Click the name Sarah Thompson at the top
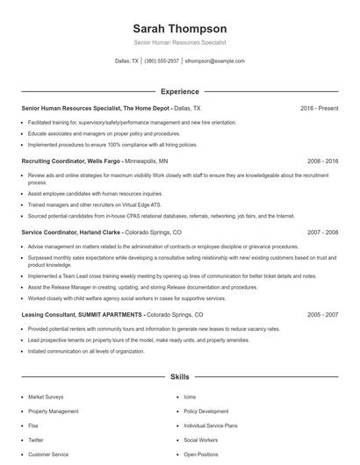(x=179, y=29)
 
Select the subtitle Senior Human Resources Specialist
(x=179, y=42)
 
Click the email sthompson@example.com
(x=215, y=61)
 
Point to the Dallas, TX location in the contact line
(x=127, y=61)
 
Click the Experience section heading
(x=179, y=91)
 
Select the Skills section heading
(x=179, y=376)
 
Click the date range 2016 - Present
(x=319, y=108)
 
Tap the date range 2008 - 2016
(x=322, y=161)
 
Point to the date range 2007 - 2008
(x=322, y=232)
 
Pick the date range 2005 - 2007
(x=322, y=314)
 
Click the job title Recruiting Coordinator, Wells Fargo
(x=70, y=161)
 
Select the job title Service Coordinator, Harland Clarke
(x=70, y=232)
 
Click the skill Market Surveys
(x=46, y=397)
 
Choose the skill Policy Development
(x=206, y=411)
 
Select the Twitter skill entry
(x=36, y=440)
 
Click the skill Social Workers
(x=201, y=440)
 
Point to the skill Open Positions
(x=201, y=454)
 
